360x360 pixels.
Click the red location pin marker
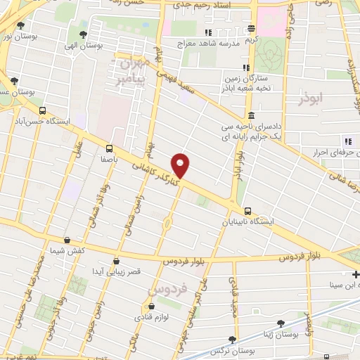(181, 165)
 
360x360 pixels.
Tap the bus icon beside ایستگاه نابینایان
(247, 211)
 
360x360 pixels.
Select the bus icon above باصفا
(109, 148)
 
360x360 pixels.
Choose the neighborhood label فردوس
(167, 288)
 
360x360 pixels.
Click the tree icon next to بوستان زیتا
(281, 323)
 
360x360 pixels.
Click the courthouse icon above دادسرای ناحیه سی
(252, 116)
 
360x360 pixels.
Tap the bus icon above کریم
(252, 29)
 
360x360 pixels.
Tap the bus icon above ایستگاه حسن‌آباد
(44, 110)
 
